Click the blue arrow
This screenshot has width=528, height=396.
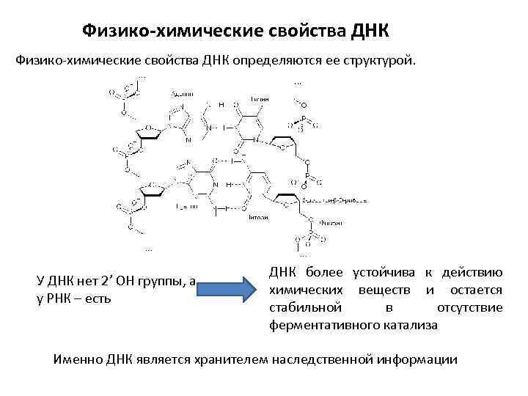pos(228,290)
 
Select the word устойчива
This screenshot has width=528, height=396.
pos(390,274)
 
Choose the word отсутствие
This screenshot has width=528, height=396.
pos(469,307)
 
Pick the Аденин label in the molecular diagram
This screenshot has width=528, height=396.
pos(182,95)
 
